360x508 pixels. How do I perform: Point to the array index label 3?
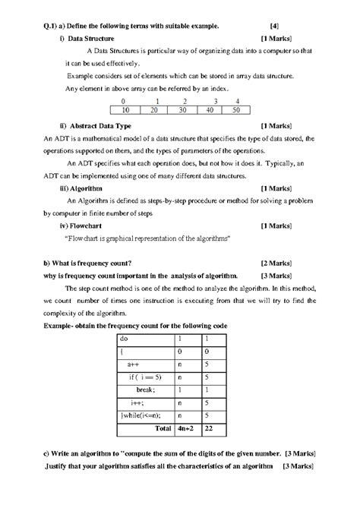pyautogui.click(x=216, y=101)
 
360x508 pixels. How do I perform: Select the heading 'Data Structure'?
pyautogui.click(x=95, y=37)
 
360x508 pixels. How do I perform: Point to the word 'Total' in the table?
pyautogui.click(x=163, y=428)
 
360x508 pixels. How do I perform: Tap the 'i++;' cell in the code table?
pyautogui.click(x=138, y=402)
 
